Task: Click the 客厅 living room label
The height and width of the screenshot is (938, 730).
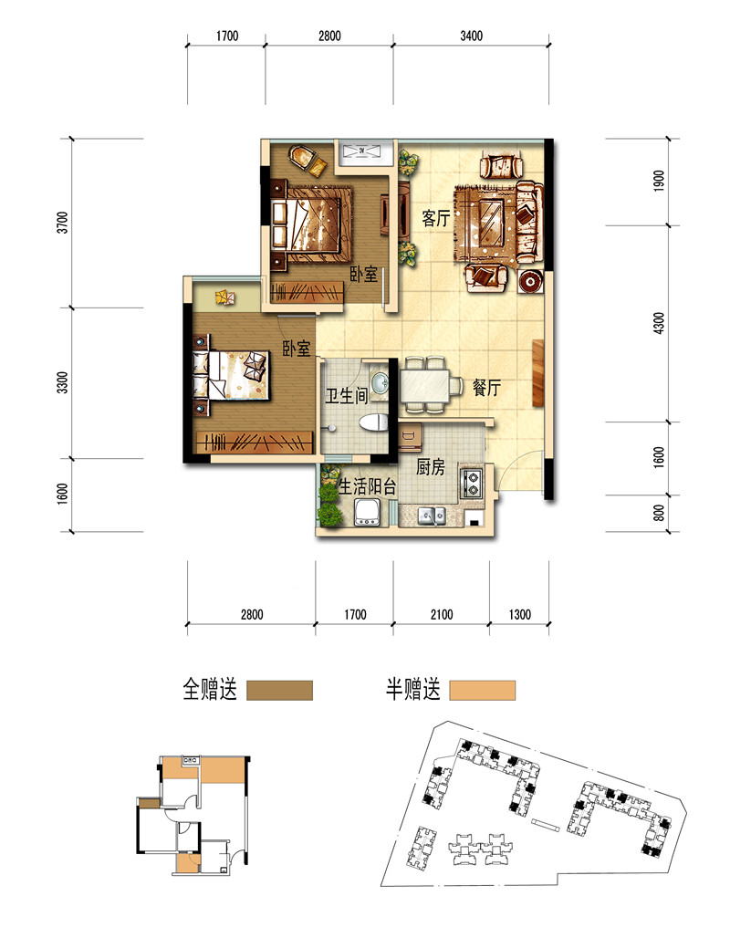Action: click(x=435, y=218)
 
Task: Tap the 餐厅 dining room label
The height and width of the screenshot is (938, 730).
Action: click(x=485, y=388)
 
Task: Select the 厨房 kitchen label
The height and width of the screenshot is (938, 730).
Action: click(x=430, y=467)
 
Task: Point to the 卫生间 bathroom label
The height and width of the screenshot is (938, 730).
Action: click(x=346, y=395)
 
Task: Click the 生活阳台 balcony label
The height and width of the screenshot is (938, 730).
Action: click(x=367, y=487)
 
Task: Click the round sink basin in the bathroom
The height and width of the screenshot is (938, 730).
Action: click(x=380, y=381)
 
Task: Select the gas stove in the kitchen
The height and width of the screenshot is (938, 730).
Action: click(x=471, y=484)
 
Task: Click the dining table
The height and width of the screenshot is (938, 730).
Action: click(x=424, y=386)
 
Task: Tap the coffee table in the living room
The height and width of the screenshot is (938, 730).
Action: click(x=491, y=222)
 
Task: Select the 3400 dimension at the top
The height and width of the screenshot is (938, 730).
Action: click(x=472, y=36)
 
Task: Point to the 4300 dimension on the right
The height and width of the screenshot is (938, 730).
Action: click(x=659, y=323)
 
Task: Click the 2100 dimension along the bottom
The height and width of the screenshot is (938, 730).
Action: click(x=442, y=614)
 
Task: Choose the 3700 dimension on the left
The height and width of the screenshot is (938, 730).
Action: click(x=63, y=223)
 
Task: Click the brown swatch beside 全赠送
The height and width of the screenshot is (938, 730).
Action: click(x=280, y=691)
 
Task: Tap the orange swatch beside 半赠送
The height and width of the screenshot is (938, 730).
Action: click(x=483, y=691)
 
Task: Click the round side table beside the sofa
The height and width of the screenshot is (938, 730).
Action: click(x=531, y=281)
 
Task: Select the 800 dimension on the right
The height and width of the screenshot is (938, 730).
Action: click(x=659, y=514)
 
